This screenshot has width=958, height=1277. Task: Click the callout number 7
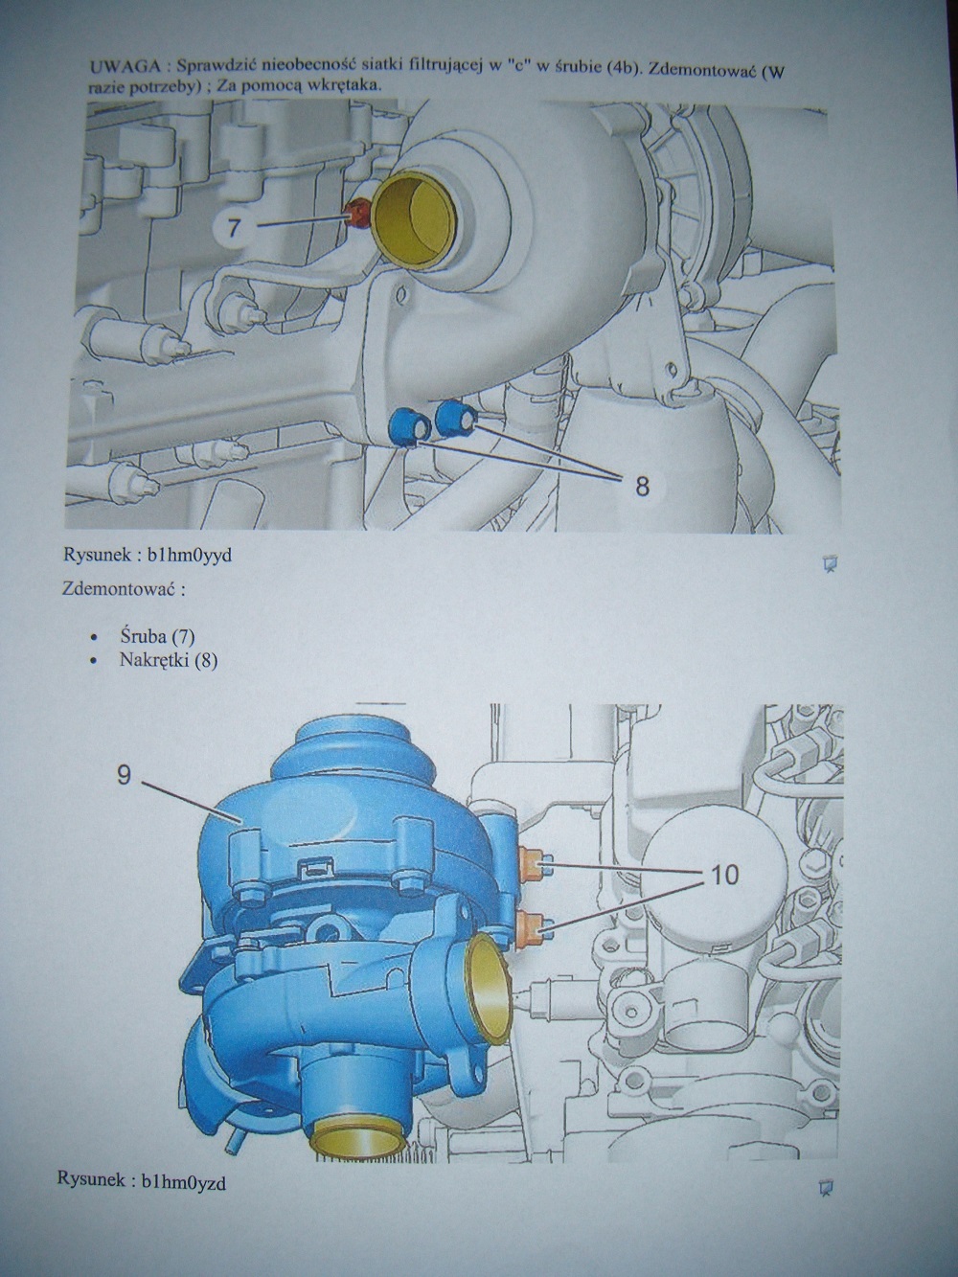tap(233, 227)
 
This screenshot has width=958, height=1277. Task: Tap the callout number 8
tap(642, 484)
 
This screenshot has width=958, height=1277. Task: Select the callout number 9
tap(124, 776)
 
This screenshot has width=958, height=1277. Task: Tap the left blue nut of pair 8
tap(411, 428)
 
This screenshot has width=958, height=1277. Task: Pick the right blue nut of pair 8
tap(457, 417)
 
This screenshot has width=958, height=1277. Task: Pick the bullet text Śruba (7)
tap(157, 636)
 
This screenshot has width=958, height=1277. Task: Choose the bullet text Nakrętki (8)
tap(169, 661)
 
